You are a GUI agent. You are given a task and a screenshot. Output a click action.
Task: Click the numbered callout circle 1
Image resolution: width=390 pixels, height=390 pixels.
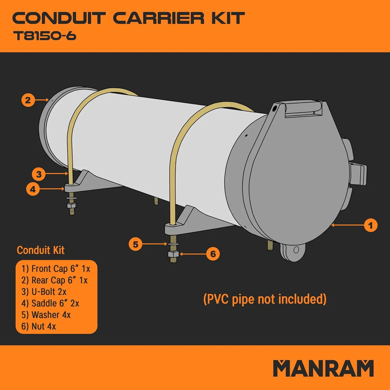[x=370, y=225]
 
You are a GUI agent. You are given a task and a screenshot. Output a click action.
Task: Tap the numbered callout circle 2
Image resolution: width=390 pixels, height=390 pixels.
[x=28, y=100]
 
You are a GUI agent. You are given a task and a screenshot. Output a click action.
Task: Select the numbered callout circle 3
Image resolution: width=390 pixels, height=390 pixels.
[x=39, y=174]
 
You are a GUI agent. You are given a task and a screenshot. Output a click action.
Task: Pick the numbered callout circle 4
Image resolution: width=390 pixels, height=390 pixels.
[x=33, y=189]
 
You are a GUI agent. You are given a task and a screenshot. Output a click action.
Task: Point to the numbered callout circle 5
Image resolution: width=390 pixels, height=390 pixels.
[x=135, y=244]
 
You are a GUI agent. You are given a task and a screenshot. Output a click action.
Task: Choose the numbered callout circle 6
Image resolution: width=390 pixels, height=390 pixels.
[x=213, y=254]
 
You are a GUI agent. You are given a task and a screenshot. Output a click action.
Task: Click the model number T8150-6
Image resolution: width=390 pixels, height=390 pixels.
[x=45, y=36]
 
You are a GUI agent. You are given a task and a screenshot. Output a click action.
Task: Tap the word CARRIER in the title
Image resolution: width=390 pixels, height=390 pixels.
[x=159, y=18]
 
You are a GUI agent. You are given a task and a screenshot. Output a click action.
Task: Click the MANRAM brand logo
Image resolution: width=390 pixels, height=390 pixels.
[x=323, y=368]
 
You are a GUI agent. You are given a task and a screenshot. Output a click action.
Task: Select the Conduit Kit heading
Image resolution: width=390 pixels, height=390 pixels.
[x=41, y=250]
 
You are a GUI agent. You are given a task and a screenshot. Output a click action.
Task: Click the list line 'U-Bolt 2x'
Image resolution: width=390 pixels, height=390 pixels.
[x=44, y=292]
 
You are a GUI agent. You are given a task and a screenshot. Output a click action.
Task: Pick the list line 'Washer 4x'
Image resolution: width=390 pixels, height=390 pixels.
[x=46, y=315]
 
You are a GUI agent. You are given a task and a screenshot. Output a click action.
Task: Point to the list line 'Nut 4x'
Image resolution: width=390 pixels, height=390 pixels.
[x=39, y=326]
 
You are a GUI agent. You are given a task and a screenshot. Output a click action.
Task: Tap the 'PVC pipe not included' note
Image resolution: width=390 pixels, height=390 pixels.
[x=265, y=299]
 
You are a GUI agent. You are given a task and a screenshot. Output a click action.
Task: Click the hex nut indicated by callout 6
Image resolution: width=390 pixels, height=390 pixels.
[x=173, y=254]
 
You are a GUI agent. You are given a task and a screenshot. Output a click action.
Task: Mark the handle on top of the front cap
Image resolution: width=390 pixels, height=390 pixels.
[x=304, y=109]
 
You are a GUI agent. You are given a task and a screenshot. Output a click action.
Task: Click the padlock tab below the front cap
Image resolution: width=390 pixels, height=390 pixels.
[x=293, y=251]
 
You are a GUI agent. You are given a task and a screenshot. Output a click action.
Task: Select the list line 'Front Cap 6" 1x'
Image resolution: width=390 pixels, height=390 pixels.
[x=56, y=269]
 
